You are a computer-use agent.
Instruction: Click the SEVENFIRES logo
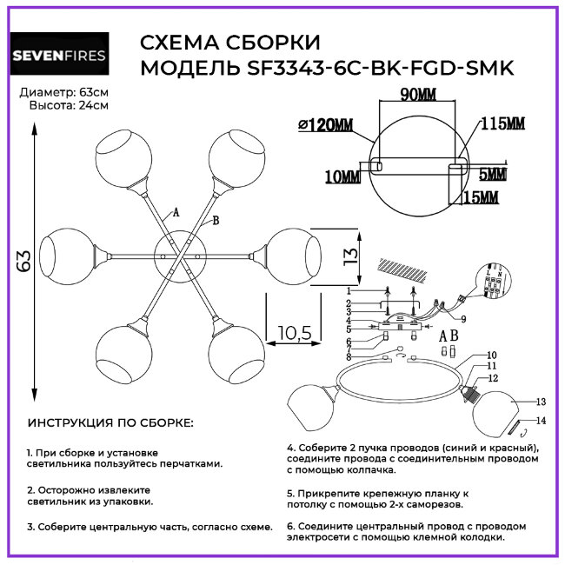tap(59, 57)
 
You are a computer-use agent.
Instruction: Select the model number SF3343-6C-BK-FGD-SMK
tap(371, 69)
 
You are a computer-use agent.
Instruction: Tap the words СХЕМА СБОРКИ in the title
tap(229, 43)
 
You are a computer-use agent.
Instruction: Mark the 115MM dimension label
tap(503, 123)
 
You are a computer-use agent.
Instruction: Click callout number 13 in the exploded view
tap(540, 402)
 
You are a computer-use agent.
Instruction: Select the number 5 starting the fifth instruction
tap(289, 492)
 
